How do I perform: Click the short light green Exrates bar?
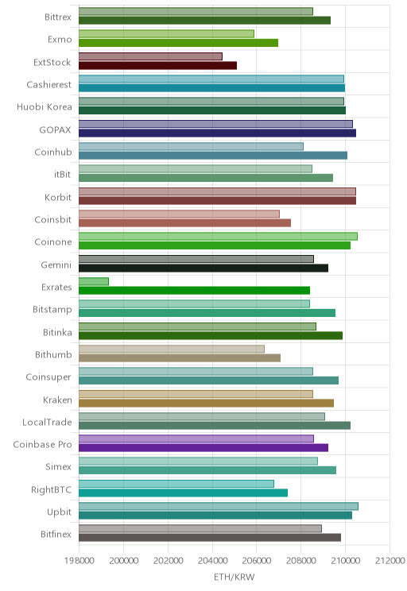tap(94, 281)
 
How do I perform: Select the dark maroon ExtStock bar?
tap(157, 66)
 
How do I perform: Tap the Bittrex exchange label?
tap(58, 17)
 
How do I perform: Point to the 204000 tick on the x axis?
tap(212, 560)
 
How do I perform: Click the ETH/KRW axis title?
tap(235, 577)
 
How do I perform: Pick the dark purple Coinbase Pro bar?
tap(203, 448)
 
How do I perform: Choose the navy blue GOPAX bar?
tap(217, 133)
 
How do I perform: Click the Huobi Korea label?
tap(45, 107)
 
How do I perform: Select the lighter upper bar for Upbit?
tap(219, 506)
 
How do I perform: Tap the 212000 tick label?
tap(390, 560)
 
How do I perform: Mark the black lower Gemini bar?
tap(203, 268)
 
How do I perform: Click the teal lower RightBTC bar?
tap(184, 492)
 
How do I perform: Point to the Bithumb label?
tap(53, 354)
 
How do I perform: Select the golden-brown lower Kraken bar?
tap(207, 403)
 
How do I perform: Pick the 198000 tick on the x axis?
tap(79, 560)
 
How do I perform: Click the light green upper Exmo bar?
tap(166, 34)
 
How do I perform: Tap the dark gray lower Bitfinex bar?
tap(210, 538)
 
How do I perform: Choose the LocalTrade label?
tap(47, 422)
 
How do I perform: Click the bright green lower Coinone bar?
tap(215, 245)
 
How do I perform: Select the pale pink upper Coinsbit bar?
tap(179, 214)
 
